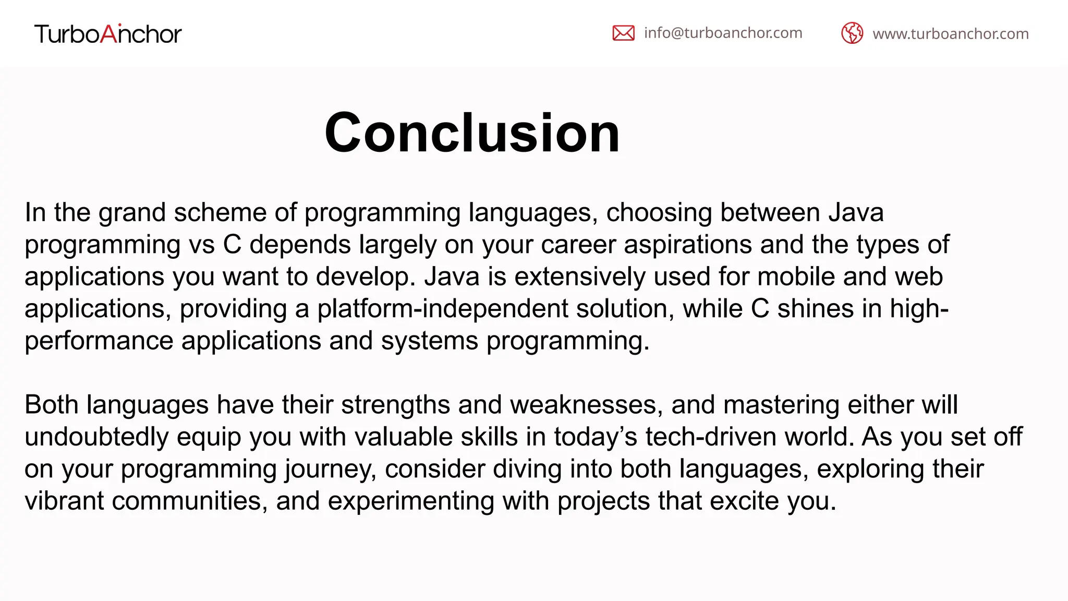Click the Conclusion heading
pyautogui.click(x=472, y=133)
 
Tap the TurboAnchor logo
pyautogui.click(x=108, y=34)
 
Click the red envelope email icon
pyautogui.click(x=623, y=33)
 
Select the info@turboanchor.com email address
pyautogui.click(x=723, y=33)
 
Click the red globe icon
pyautogui.click(x=852, y=33)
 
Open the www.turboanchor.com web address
pyautogui.click(x=950, y=34)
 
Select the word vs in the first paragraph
pyautogui.click(x=202, y=245)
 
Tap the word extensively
pyautogui.click(x=580, y=277)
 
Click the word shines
pyautogui.click(x=815, y=309)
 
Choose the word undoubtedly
pyautogui.click(x=96, y=437)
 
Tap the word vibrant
pyautogui.click(x=64, y=501)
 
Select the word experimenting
pyautogui.click(x=410, y=501)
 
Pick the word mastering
pyautogui.click(x=781, y=405)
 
